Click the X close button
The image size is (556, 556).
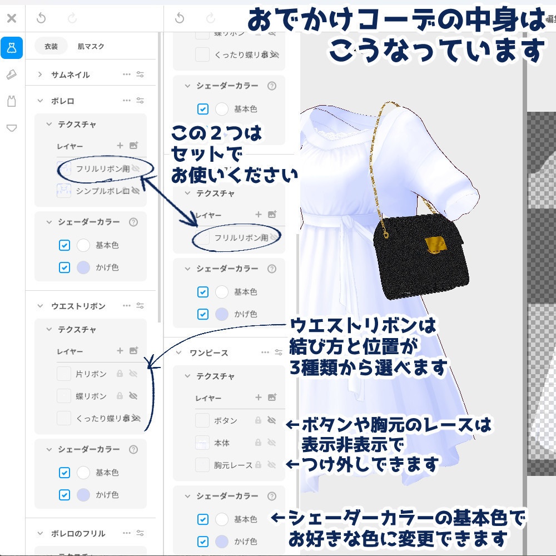12,18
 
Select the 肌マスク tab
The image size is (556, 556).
91,47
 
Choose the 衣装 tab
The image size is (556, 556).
51,47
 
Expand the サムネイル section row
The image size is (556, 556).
70,75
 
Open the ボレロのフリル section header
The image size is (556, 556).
78,533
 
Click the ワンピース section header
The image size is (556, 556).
209,353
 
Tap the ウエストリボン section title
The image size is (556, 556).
78,306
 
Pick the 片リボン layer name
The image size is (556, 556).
91,374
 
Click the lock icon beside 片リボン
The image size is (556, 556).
120,374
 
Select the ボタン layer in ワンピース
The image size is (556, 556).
225,420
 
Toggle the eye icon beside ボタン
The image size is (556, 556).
272,420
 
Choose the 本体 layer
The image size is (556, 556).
222,443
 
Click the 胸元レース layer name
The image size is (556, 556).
233,465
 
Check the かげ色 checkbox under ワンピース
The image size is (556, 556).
203,541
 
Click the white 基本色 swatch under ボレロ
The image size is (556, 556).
83,245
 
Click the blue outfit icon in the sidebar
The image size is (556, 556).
12,48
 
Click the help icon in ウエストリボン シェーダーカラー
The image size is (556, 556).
133,449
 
